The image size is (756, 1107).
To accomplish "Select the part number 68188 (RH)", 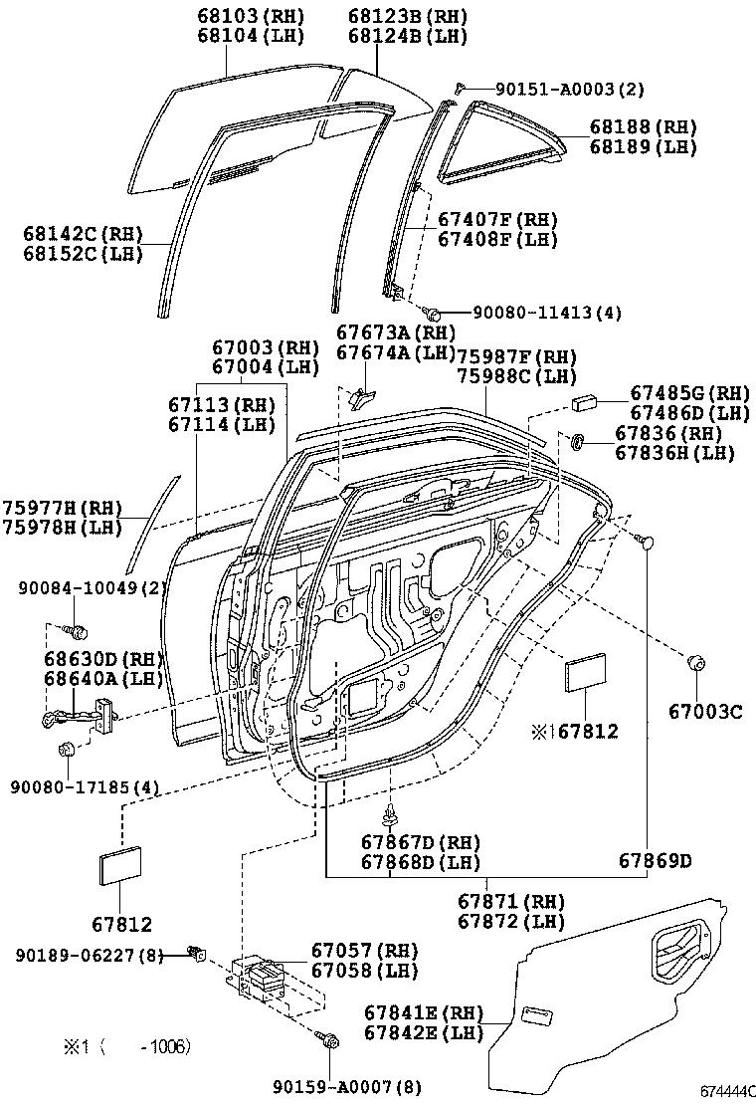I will pyautogui.click(x=642, y=127).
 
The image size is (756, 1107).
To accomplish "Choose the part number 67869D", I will pyautogui.click(x=655, y=860).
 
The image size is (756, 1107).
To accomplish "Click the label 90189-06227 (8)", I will pyautogui.click(x=90, y=956).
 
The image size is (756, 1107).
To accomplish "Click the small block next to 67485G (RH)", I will pyautogui.click(x=584, y=402).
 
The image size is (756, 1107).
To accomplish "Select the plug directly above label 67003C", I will pyautogui.click(x=696, y=663).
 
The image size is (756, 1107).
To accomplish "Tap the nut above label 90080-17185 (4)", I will pyautogui.click(x=67, y=750).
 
